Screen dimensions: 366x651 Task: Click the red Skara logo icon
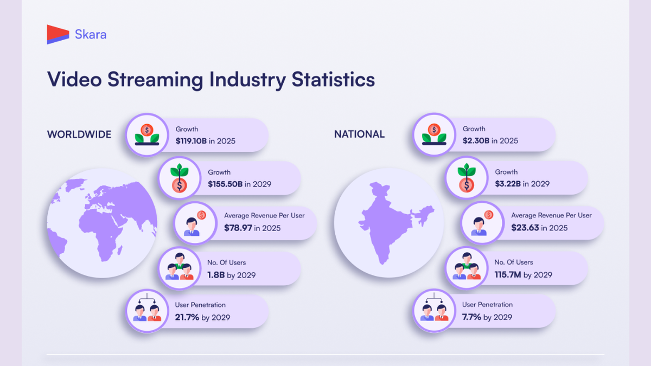tap(58, 34)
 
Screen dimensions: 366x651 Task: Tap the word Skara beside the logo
tap(91, 35)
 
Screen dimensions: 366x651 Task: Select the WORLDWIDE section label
tap(79, 134)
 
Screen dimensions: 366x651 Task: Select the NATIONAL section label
tap(359, 134)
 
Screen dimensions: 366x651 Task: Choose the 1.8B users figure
tap(216, 275)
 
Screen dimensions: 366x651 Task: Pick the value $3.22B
tap(508, 184)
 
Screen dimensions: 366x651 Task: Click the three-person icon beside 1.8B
tap(179, 267)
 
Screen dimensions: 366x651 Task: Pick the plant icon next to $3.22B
tap(466, 178)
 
